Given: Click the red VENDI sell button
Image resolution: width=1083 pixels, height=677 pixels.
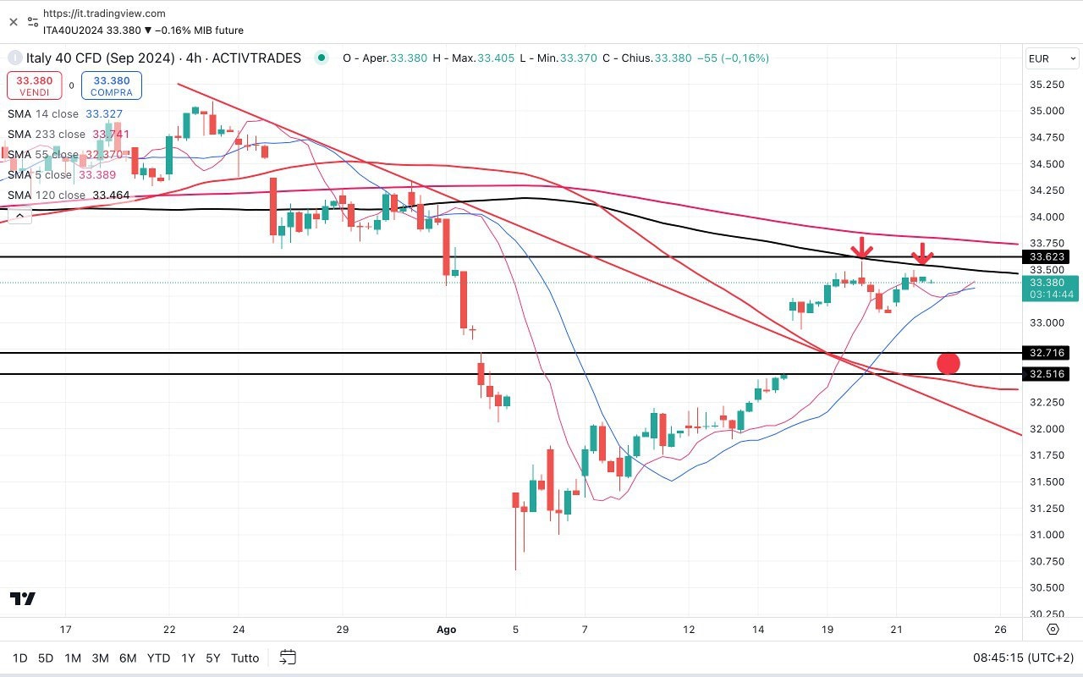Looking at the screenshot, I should pyautogui.click(x=35, y=85).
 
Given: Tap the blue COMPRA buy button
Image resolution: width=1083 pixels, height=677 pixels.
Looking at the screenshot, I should pyautogui.click(x=112, y=85).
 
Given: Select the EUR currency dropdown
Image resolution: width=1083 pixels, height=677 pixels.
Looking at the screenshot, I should pyautogui.click(x=1052, y=58).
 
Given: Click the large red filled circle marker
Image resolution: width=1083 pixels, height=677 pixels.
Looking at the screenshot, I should pyautogui.click(x=948, y=364).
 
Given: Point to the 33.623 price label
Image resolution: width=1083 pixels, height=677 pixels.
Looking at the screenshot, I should pyautogui.click(x=1047, y=256).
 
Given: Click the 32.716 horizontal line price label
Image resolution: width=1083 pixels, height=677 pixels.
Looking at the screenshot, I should pyautogui.click(x=1047, y=353).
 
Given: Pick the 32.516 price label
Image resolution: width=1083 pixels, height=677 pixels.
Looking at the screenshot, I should pyautogui.click(x=1047, y=374).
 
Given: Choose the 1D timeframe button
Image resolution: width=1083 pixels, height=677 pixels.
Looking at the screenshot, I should pyautogui.click(x=19, y=658).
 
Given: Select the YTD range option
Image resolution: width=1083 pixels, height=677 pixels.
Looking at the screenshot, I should pyautogui.click(x=158, y=658).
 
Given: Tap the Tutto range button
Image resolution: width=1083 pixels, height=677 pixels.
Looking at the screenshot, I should pyautogui.click(x=245, y=658).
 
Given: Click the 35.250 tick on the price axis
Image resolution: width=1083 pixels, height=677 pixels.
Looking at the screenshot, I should pyautogui.click(x=1047, y=85).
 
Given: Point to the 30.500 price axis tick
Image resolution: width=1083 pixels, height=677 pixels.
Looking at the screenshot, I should pyautogui.click(x=1047, y=587).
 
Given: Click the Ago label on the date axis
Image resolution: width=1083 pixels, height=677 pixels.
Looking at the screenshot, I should pyautogui.click(x=446, y=629).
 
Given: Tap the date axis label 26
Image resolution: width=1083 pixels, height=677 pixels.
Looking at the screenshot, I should pyautogui.click(x=1001, y=629).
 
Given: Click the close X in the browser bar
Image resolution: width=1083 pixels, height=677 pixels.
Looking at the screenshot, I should pyautogui.click(x=14, y=22).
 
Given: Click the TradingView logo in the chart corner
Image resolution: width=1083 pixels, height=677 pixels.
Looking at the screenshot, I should pyautogui.click(x=23, y=598).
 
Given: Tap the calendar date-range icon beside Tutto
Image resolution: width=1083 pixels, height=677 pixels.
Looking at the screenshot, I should pyautogui.click(x=288, y=658).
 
